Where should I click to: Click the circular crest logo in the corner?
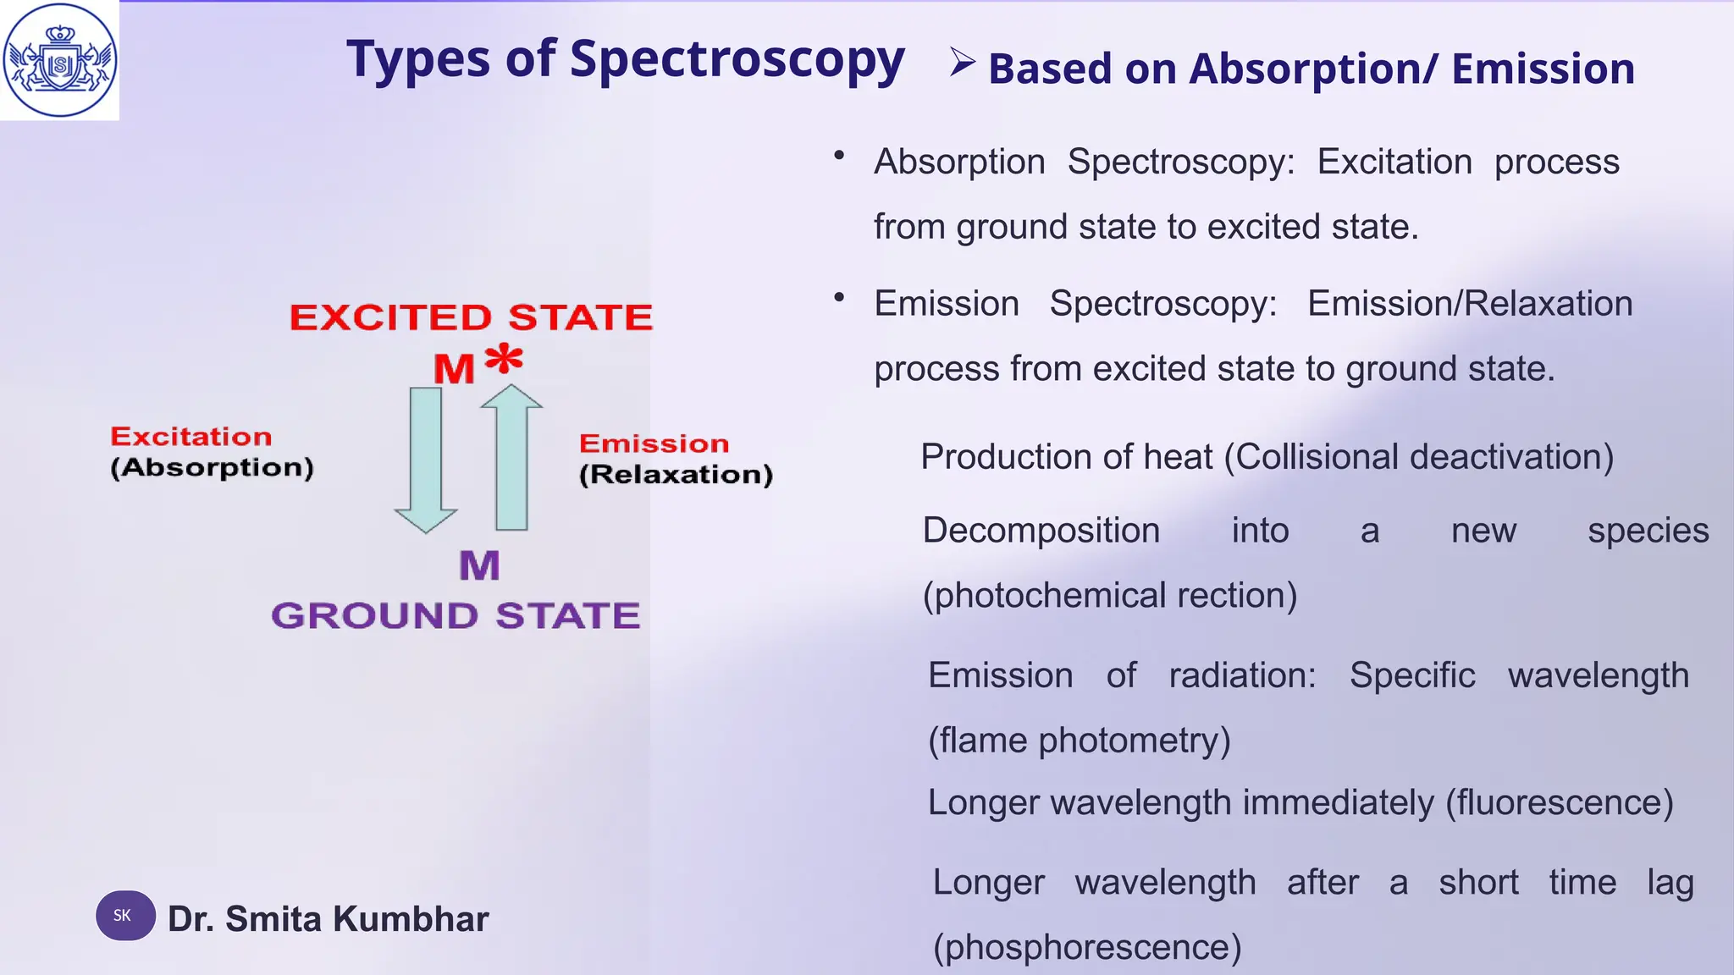coord(59,59)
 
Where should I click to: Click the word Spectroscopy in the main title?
coord(737,61)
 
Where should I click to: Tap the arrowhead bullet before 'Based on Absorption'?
coord(962,62)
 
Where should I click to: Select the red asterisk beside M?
coord(505,359)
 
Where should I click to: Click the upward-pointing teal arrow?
coord(511,457)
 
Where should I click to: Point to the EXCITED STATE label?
coord(471,317)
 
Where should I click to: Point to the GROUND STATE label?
coord(456,615)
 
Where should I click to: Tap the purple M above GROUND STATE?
coord(479,565)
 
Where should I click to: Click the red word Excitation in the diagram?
coord(191,437)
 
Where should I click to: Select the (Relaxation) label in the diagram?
coord(676,475)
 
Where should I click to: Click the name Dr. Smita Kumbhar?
coord(328,919)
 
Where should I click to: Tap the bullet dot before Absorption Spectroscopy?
coord(839,155)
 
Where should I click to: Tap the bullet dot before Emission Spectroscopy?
coord(839,297)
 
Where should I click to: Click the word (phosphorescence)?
coord(1087,946)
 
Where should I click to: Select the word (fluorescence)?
coord(1559,802)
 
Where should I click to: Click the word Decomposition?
coord(1041,531)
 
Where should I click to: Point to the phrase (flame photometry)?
coord(1079,741)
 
